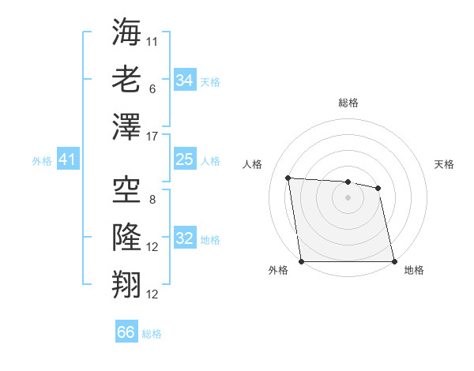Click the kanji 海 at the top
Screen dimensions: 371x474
126,33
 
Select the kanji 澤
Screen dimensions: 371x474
126,126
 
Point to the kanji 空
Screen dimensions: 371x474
126,190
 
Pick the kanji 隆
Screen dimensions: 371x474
126,237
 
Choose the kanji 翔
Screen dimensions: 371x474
126,283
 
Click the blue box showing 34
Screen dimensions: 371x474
184,81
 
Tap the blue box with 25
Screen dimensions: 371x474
184,160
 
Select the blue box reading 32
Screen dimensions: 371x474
184,238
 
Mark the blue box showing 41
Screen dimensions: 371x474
67,160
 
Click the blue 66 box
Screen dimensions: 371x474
126,332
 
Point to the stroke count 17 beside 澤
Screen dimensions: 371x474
152,135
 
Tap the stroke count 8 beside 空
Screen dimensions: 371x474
152,200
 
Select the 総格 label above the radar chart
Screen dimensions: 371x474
348,103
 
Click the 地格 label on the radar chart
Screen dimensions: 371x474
414,270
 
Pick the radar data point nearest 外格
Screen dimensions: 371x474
301,261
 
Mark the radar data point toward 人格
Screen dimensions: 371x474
288,178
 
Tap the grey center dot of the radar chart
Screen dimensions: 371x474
348,197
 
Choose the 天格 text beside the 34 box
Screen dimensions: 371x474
210,81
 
